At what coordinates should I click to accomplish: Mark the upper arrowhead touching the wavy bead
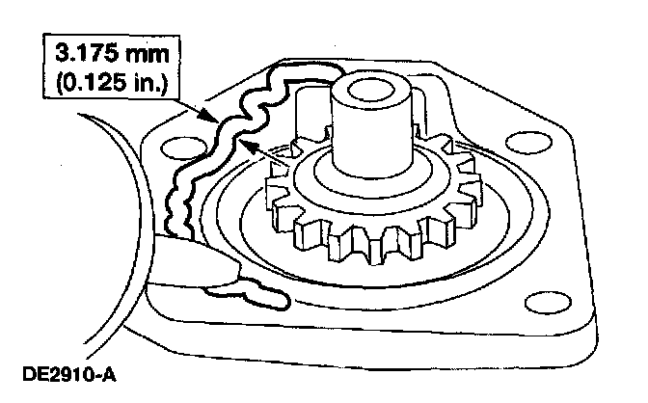[215, 117]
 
